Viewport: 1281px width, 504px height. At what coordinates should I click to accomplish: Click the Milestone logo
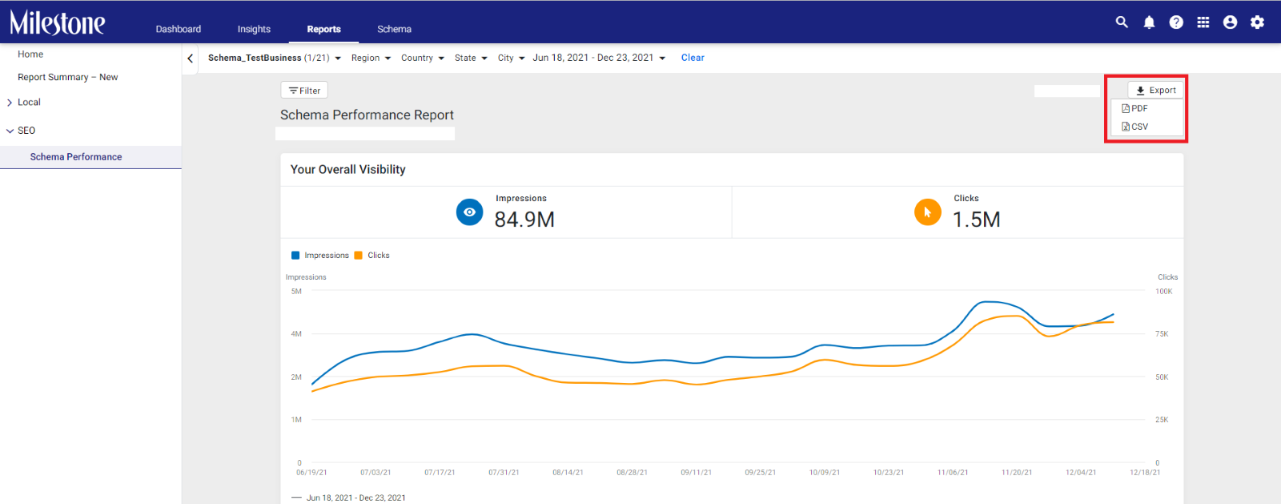coord(57,23)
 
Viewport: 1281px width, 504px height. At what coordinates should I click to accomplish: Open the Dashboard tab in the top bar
coord(179,29)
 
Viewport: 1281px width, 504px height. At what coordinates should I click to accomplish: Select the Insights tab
coord(254,29)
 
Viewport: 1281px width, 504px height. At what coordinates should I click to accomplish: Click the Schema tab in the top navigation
coord(394,29)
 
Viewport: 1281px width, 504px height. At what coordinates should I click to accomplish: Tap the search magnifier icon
coord(1122,22)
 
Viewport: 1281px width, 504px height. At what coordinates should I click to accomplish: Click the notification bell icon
coord(1149,22)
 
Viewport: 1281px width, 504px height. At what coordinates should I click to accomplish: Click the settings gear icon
coord(1257,22)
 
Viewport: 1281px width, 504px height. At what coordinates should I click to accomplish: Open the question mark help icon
coord(1176,22)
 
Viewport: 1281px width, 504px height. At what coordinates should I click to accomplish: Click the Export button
coord(1155,91)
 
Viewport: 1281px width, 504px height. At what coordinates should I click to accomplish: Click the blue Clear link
coord(693,58)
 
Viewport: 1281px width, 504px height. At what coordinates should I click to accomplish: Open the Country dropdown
coord(423,58)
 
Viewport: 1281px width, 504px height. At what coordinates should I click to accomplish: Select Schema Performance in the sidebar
coord(76,157)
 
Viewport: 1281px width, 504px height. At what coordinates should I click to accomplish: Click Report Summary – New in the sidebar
coord(67,77)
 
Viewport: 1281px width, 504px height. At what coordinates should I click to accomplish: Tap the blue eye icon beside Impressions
coord(469,212)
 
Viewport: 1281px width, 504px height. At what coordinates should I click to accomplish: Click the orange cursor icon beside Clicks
coord(928,212)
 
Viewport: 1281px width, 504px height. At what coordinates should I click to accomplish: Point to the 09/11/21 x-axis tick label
coord(696,473)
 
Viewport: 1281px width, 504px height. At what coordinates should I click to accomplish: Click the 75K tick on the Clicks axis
coord(1162,334)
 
